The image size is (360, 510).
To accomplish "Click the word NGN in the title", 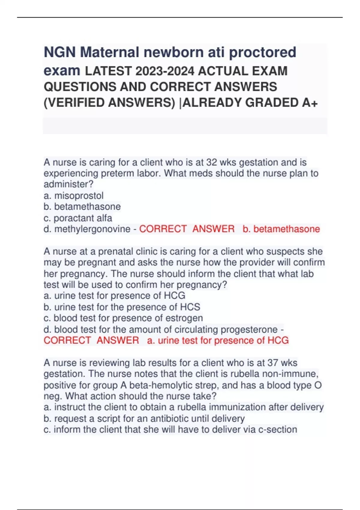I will [60, 52].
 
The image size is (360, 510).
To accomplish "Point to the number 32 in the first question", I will [211, 162].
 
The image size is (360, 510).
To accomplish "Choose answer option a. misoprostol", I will [73, 196].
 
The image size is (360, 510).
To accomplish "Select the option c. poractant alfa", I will [78, 218].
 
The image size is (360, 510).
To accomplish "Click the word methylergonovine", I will [92, 229].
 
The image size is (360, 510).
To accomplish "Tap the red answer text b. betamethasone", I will [281, 229].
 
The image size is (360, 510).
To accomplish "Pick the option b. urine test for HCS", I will [122, 307].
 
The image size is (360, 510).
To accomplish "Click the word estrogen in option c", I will [184, 318].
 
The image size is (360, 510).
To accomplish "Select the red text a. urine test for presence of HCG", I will [218, 340].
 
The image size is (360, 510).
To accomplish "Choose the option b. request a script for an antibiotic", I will [144, 418].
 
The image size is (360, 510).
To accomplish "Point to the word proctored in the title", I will [262, 52].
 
